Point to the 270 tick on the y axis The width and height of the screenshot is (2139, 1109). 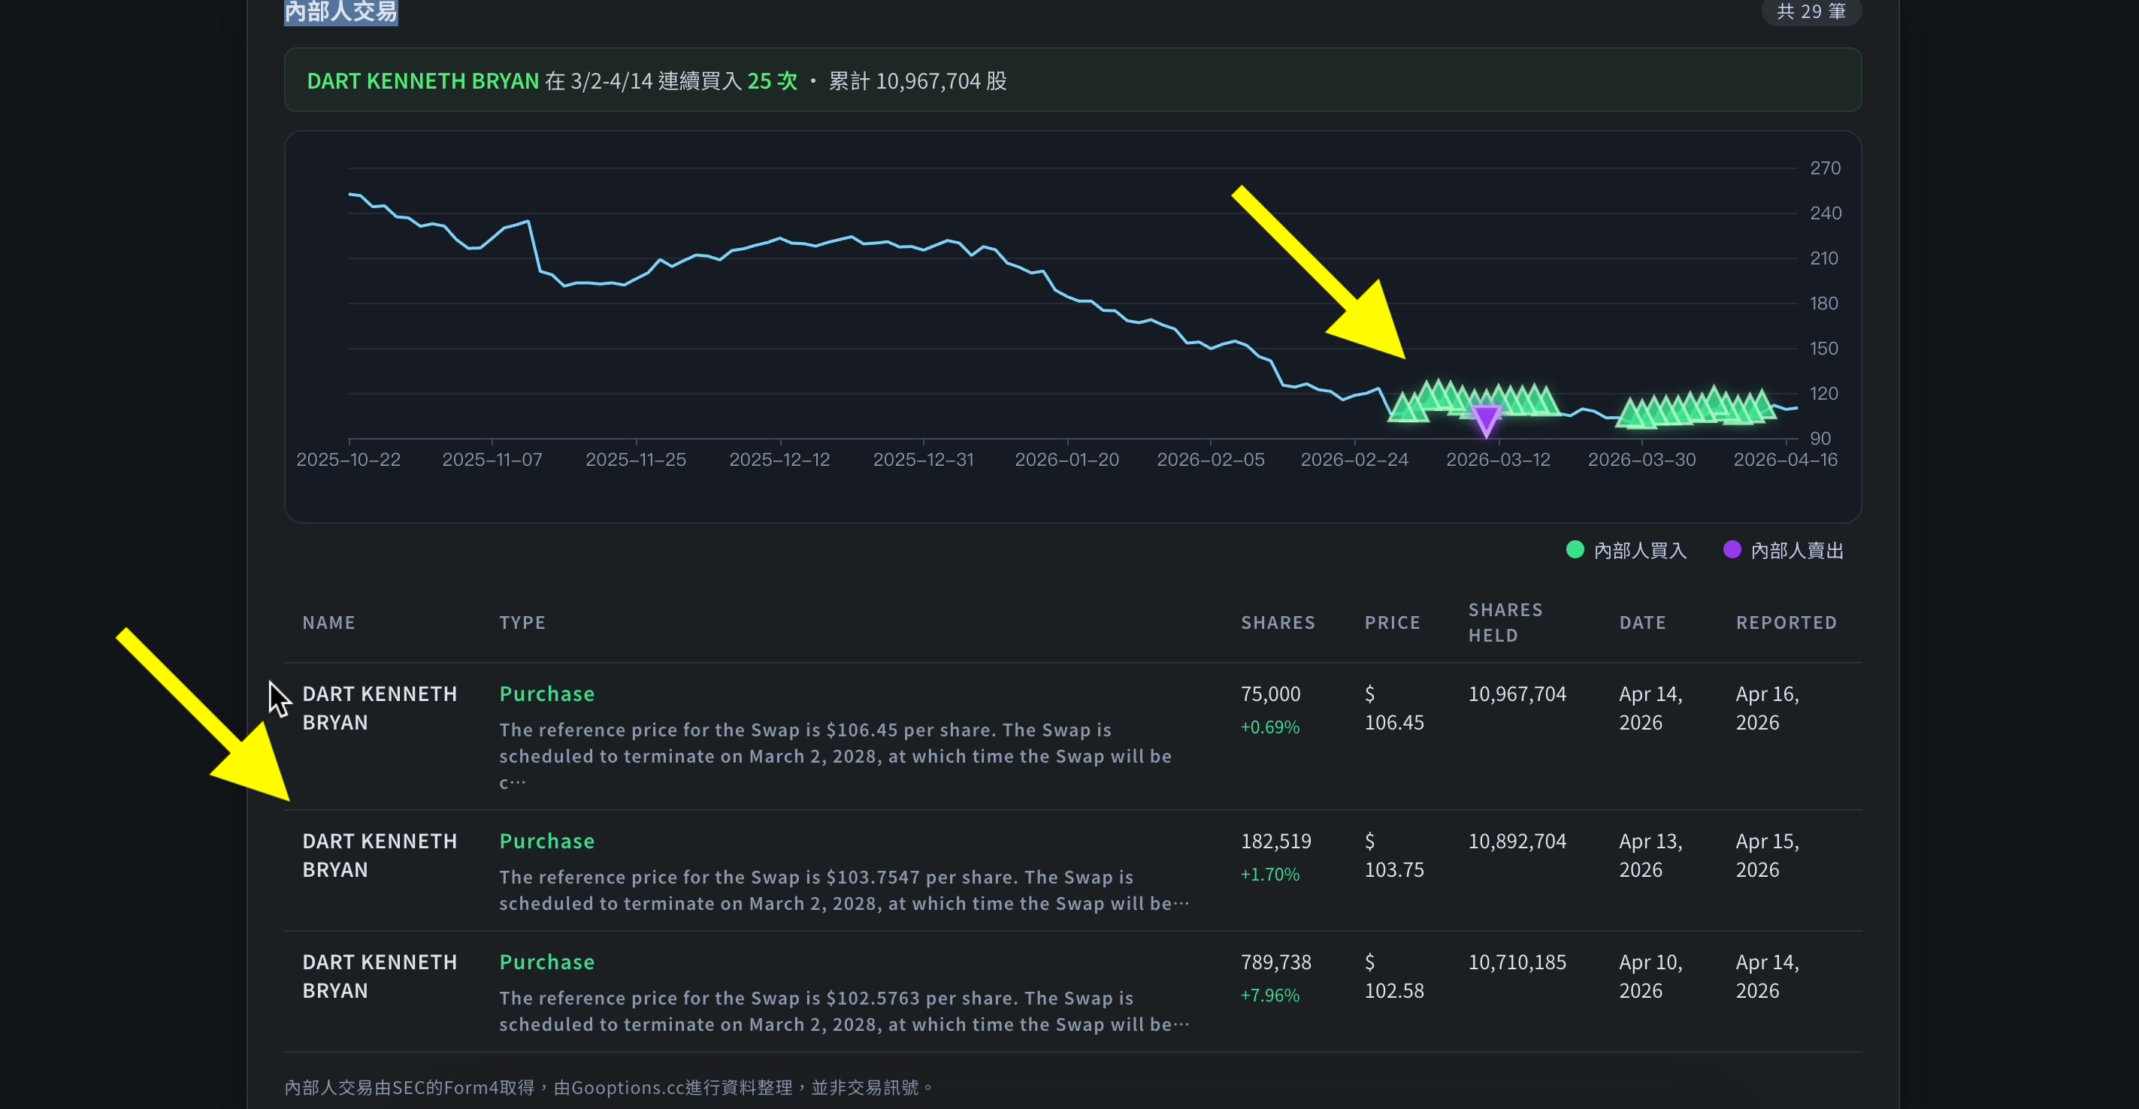tap(1825, 168)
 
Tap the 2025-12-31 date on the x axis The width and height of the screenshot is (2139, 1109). tap(924, 460)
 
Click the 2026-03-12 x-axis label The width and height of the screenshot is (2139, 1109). tap(1498, 460)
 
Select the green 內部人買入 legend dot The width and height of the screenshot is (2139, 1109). tap(1575, 549)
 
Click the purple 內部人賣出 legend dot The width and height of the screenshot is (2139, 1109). tap(1732, 549)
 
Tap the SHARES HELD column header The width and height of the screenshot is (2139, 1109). tap(1505, 623)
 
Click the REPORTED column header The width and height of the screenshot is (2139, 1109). tap(1786, 623)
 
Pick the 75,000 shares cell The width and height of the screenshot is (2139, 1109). tap(1270, 694)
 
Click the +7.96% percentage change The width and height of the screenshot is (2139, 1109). tap(1269, 996)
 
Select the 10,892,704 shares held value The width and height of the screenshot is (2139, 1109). tap(1517, 842)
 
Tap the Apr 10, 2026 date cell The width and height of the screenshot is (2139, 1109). tap(1650, 976)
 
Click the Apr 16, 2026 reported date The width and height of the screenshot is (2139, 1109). tap(1767, 708)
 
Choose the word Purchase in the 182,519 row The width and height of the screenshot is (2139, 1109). tap(546, 842)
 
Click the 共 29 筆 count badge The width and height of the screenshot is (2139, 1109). tap(1811, 11)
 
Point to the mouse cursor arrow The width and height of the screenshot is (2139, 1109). tap(278, 699)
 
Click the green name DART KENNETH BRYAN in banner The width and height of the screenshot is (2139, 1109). tap(422, 81)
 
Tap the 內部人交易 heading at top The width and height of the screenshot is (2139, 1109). tap(340, 11)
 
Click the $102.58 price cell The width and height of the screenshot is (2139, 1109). tap(1394, 976)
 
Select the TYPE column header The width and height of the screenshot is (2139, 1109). tap(522, 623)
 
